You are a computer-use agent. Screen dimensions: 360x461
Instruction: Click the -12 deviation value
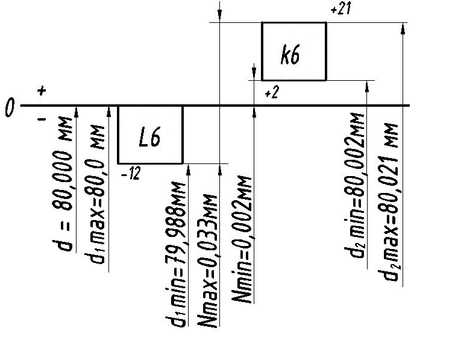coord(130,174)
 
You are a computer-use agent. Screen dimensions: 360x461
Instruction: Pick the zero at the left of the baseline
coord(10,109)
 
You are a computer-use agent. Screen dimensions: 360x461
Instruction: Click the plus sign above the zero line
coord(41,91)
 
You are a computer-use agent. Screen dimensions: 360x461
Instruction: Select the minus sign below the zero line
coord(42,120)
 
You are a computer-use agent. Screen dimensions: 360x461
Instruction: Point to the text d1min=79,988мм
coord(179,254)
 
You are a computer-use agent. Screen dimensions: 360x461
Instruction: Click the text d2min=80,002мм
coord(357,192)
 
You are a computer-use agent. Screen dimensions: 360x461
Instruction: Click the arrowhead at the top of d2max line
coord(402,27)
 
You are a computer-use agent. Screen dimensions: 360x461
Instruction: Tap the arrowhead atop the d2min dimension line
coord(367,84)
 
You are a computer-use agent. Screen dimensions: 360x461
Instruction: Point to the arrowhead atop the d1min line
coord(189,168)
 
